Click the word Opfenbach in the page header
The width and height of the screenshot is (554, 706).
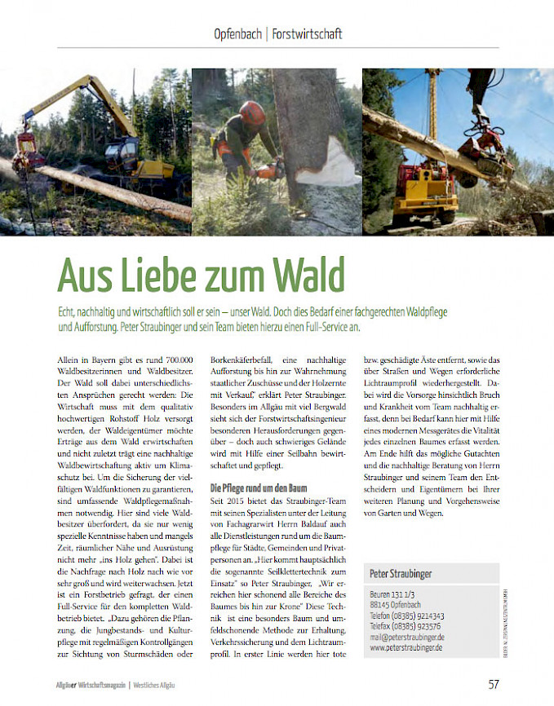[x=237, y=34]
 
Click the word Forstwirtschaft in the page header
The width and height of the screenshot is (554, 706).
[x=307, y=34]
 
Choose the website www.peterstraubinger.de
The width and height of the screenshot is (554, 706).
[x=407, y=647]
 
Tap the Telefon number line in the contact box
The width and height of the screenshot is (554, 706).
[x=407, y=616]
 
